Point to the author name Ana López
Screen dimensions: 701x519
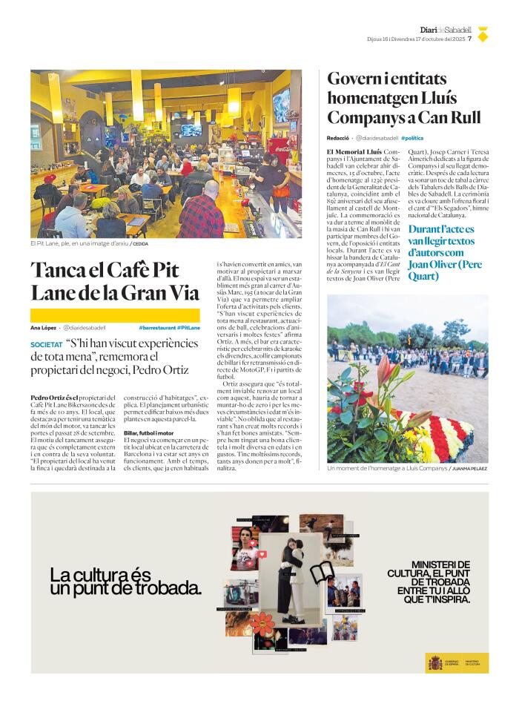(43, 327)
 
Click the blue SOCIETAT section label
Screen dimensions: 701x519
(47, 345)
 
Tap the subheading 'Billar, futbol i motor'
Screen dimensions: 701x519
(149, 432)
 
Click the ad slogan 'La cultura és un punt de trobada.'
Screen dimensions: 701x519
(125, 582)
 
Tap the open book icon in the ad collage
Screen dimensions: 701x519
(323, 571)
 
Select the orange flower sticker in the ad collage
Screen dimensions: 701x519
(262, 621)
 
